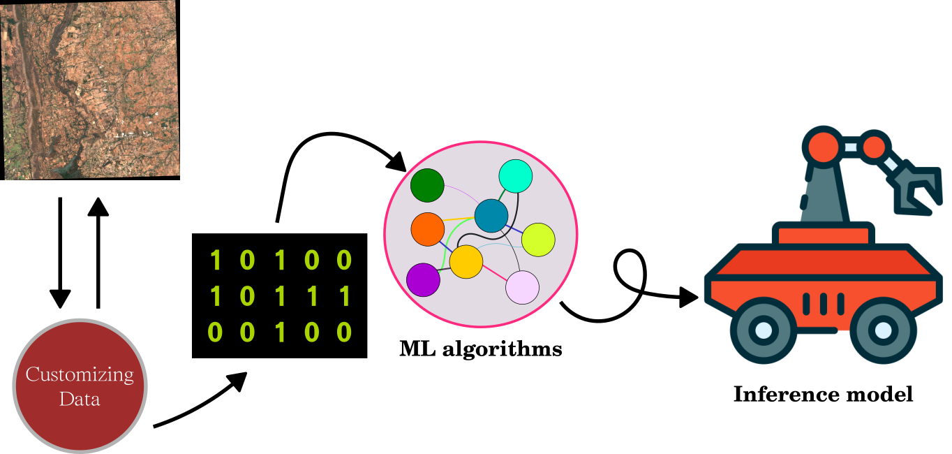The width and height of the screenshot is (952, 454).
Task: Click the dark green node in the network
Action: click(427, 186)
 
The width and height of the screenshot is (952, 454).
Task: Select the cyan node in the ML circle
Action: click(516, 176)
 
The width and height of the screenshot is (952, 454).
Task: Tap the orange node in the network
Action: click(428, 229)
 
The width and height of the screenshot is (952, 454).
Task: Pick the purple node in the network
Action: click(423, 279)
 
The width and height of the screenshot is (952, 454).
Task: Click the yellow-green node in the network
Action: click(538, 240)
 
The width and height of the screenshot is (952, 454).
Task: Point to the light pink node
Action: click(522, 287)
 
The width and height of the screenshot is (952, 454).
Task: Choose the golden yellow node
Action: click(466, 261)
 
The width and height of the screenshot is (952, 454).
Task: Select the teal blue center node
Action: click(491, 216)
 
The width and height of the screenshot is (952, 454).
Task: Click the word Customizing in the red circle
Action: click(80, 374)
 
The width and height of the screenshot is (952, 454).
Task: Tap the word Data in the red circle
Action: click(80, 400)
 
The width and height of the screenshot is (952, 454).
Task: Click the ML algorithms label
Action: click(480, 348)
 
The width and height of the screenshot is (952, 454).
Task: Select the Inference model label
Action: click(823, 394)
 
